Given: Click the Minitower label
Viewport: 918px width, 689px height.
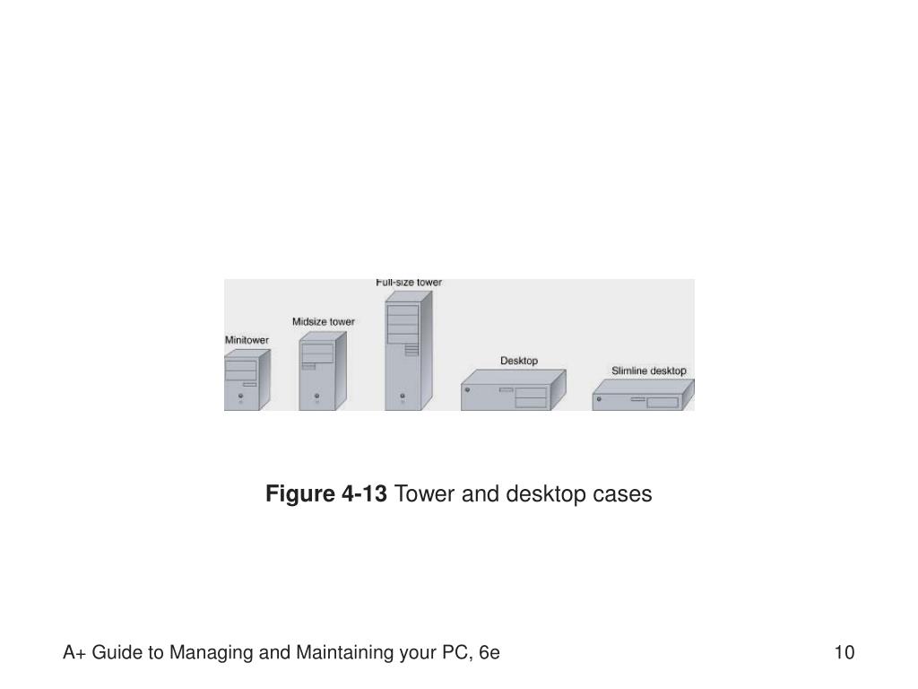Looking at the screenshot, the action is point(246,341).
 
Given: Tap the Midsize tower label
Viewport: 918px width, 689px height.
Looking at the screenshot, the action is point(323,321).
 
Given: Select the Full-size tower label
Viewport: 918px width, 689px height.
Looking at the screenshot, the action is point(409,283).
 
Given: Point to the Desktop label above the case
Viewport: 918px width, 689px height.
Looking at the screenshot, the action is point(519,361).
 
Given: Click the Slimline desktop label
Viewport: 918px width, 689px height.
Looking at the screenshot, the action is point(649,371).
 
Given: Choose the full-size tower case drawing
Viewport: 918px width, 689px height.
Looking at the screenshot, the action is point(408,353).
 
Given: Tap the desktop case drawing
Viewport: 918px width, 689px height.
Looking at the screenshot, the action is point(514,393).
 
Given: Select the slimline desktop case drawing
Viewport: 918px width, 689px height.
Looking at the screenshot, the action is point(643,397).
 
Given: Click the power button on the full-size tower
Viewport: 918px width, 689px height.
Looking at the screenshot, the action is point(402,394).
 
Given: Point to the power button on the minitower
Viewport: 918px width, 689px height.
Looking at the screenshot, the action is point(240,394).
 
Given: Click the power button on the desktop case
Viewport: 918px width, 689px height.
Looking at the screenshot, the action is point(468,390).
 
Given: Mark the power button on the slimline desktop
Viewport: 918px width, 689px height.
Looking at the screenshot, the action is point(598,397).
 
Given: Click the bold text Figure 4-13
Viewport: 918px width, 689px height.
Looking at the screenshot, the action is point(326,494).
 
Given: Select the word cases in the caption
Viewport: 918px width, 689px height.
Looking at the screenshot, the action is point(626,494).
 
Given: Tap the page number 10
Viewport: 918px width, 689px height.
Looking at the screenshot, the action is point(844,652).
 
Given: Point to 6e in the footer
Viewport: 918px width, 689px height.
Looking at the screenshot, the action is point(489,652).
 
